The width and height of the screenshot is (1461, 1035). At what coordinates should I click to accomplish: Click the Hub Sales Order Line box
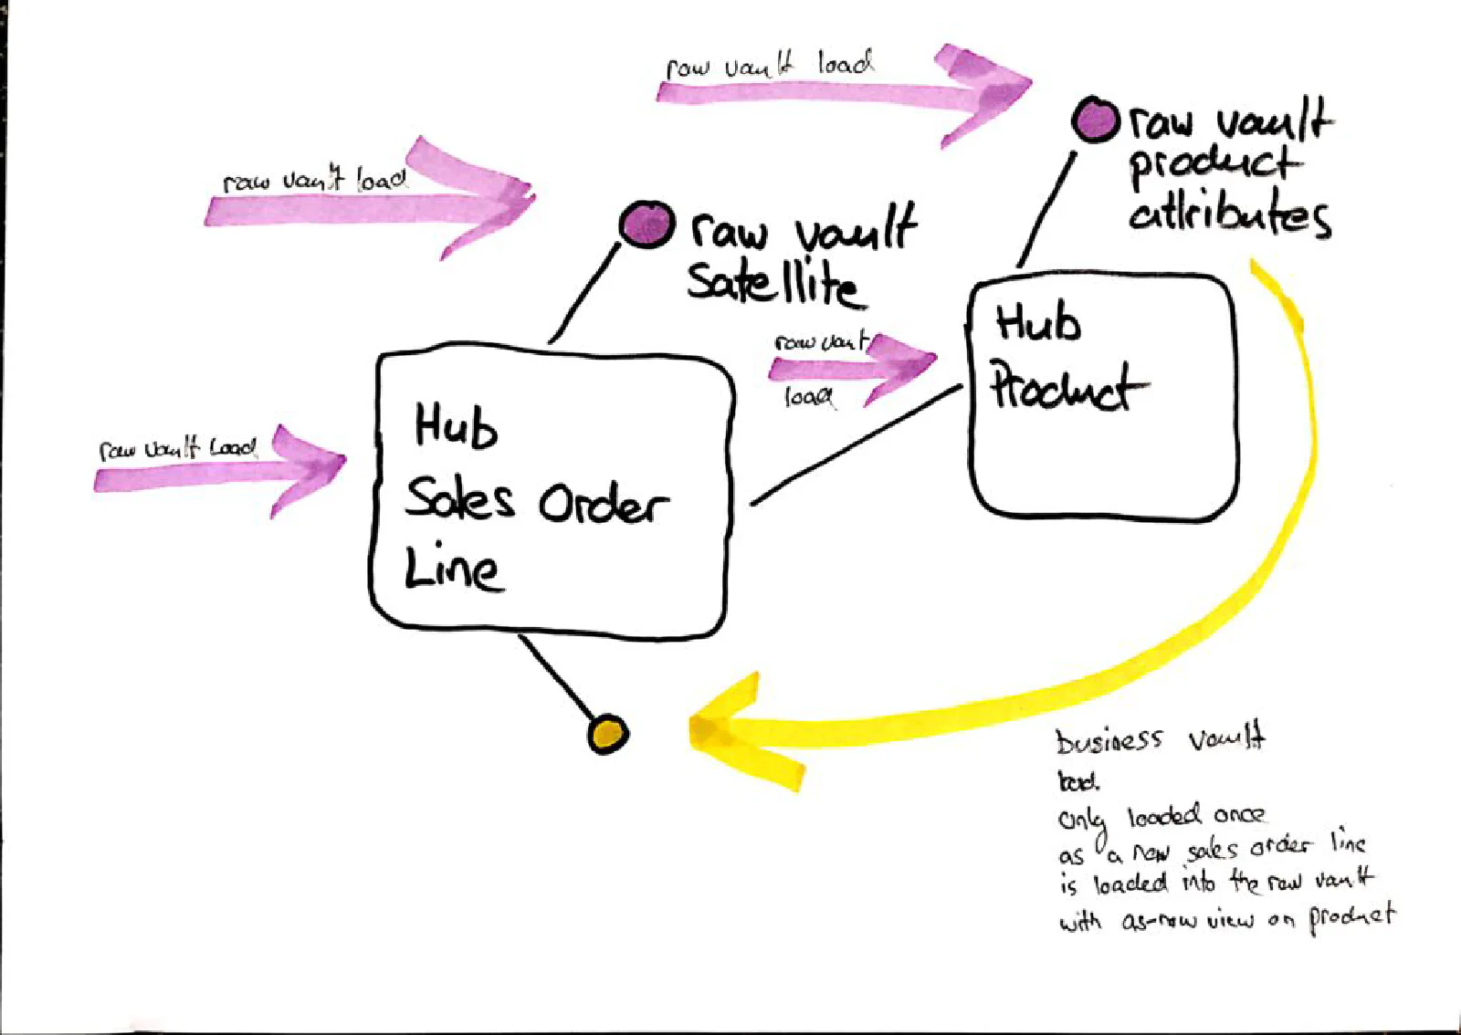pos(552,493)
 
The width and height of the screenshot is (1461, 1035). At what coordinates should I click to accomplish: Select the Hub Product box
pos(1103,397)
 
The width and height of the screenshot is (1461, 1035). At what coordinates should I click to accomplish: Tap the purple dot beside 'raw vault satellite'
pos(647,225)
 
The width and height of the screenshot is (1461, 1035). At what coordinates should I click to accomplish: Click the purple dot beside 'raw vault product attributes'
pos(1095,120)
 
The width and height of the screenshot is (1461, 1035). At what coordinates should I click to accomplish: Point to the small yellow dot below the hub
pos(607,733)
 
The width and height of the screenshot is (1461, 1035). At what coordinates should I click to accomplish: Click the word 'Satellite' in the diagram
pos(772,283)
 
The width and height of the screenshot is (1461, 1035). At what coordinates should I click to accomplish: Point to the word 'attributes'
pos(1229,215)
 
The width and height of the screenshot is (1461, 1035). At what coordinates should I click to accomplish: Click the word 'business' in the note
pos(1109,740)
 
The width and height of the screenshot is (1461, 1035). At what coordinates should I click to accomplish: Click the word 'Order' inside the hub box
pos(603,504)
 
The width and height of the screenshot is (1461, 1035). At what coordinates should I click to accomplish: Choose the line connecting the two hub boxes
pos(856,444)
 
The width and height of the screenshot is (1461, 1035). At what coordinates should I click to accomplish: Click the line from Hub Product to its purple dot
pos(1046,210)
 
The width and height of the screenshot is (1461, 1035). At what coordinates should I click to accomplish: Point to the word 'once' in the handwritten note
pos(1238,814)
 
